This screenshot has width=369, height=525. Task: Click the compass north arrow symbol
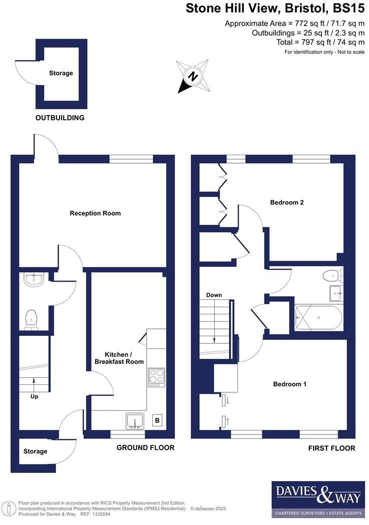pyautogui.click(x=192, y=77)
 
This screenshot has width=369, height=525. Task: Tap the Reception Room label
pyautogui.click(x=95, y=213)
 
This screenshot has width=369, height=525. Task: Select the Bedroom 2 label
pyautogui.click(x=287, y=203)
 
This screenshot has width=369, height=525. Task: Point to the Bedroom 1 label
pyautogui.click(x=289, y=384)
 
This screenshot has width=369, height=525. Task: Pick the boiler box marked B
pyautogui.click(x=157, y=421)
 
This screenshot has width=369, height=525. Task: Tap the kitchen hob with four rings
pyautogui.click(x=156, y=377)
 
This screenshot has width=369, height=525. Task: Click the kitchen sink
pyautogui.click(x=135, y=421)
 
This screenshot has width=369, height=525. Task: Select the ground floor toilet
pyautogui.click(x=32, y=319)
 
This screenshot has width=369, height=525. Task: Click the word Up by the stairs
pyautogui.click(x=34, y=396)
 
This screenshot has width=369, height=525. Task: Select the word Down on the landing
pyautogui.click(x=214, y=295)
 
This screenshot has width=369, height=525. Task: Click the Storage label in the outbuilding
pyautogui.click(x=61, y=73)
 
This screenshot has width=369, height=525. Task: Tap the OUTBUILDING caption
pyautogui.click(x=60, y=118)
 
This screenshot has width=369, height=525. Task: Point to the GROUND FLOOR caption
pyautogui.click(x=146, y=447)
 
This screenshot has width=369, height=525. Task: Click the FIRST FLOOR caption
pyautogui.click(x=332, y=448)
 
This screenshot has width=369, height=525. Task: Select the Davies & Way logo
pyautogui.click(x=317, y=500)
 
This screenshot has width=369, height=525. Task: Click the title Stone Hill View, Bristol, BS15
pyautogui.click(x=275, y=9)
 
